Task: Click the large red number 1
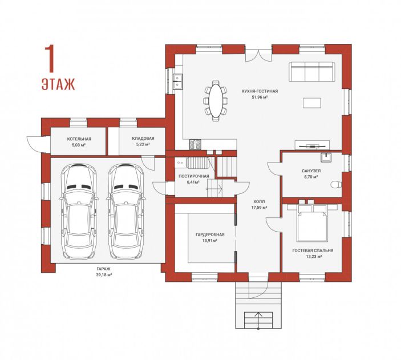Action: tap(50, 59)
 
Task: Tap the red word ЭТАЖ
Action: tap(58, 84)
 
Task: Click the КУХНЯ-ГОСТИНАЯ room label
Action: tap(260, 91)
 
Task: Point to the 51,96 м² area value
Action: tap(260, 97)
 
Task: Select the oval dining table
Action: tap(216, 100)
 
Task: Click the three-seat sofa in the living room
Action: tap(312, 71)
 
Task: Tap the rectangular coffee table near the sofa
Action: tap(312, 103)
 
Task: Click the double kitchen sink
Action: tap(177, 82)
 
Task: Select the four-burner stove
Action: tap(196, 144)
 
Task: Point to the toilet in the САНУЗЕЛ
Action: tap(336, 184)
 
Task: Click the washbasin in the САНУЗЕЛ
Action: tap(326, 157)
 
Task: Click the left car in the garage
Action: tap(79, 212)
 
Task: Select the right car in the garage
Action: tap(126, 212)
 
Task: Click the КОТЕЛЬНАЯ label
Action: tap(79, 139)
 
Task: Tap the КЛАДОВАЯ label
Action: tap(143, 139)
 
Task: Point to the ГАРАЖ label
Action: tap(104, 269)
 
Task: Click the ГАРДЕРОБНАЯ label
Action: tap(210, 234)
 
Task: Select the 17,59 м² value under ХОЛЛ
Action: tap(260, 207)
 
